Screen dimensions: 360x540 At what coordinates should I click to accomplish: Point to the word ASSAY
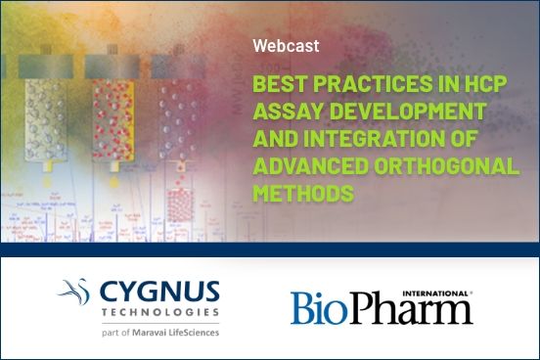point(284,110)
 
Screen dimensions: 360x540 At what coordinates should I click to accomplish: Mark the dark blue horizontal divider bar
point(270,248)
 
